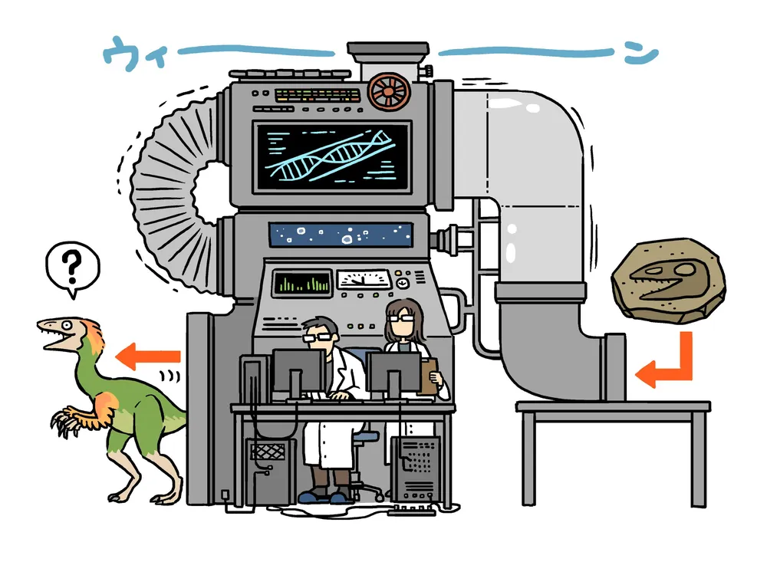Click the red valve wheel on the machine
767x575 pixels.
[x=387, y=91]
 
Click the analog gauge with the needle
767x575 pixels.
[x=364, y=280]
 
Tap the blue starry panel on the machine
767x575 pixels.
[x=340, y=235]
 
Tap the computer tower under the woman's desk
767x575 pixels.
[x=415, y=467]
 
